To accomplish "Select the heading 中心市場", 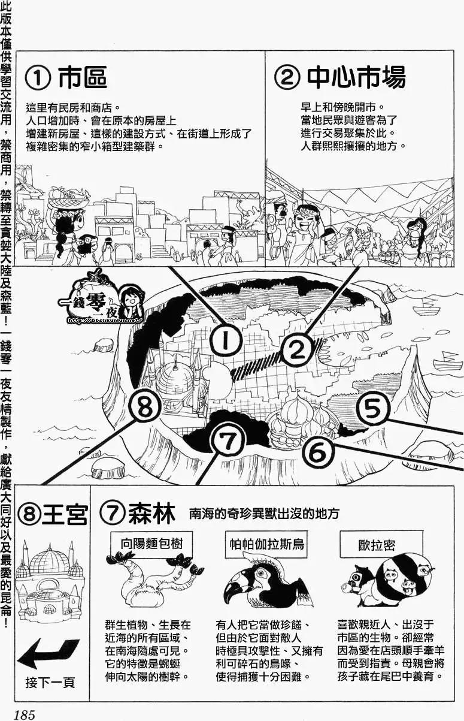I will click(356, 78).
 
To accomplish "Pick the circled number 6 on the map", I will click(318, 451).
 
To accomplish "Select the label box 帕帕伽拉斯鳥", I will click(267, 544).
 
